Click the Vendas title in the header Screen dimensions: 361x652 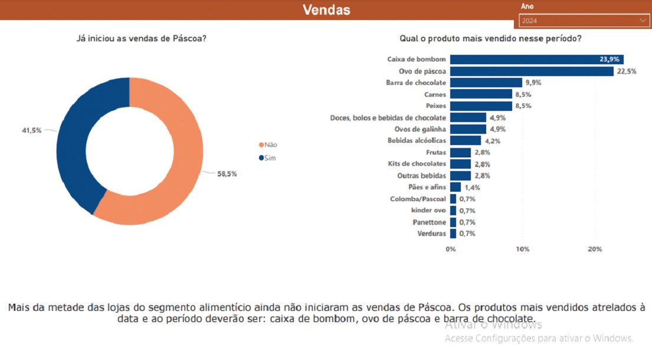pos(326,10)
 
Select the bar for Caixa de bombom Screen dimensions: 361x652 pos(536,60)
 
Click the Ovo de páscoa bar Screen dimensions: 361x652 pos(532,71)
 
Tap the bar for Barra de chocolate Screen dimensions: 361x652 pos(486,83)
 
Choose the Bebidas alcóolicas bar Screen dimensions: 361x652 pos(466,140)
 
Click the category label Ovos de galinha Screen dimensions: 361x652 pos(420,129)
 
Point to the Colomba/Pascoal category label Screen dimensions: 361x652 pos(418,199)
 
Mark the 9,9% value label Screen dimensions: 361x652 pos(533,83)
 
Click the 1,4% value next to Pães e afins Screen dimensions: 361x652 pos(472,187)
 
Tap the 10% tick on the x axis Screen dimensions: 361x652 pos(522,250)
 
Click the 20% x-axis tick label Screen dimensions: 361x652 pos(595,250)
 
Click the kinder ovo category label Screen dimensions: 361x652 pos(428,211)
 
